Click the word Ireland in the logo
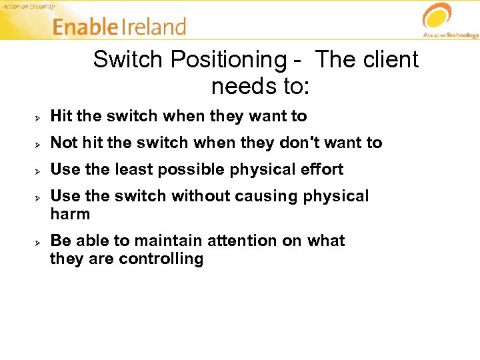[x=153, y=27]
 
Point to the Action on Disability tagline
[x=30, y=6]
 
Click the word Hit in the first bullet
[x=61, y=116]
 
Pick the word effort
[x=321, y=169]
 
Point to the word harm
[x=69, y=214]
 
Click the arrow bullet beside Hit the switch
[x=39, y=117]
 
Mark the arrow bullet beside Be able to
[x=39, y=241]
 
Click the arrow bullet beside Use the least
[x=39, y=171]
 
